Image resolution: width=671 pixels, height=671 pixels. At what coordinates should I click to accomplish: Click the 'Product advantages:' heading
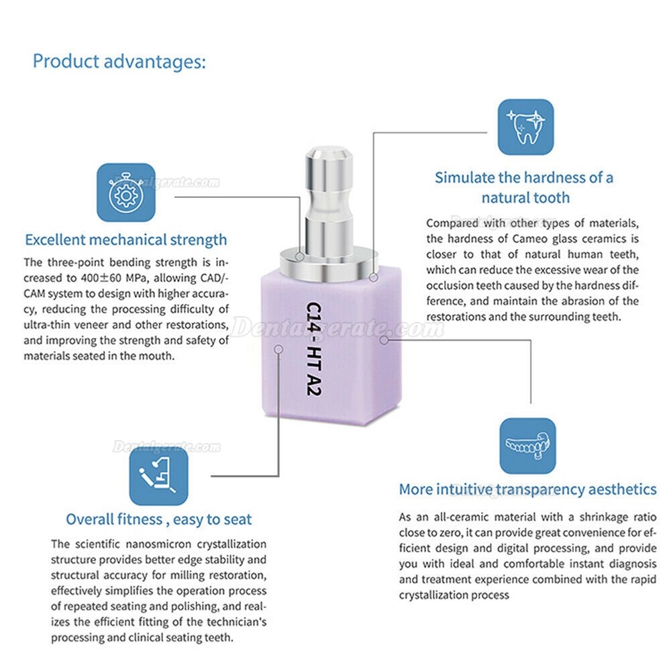(x=119, y=62)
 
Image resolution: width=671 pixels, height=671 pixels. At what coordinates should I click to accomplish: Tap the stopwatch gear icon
(x=126, y=193)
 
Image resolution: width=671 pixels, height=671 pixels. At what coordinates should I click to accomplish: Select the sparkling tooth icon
(x=525, y=127)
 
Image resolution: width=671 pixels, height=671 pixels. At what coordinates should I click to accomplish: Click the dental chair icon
(x=158, y=476)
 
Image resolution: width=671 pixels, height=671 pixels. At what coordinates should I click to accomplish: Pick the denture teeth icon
(x=527, y=446)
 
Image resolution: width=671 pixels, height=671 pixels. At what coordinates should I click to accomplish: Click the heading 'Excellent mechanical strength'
(x=126, y=240)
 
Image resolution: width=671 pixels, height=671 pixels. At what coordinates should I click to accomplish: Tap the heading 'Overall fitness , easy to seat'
(x=159, y=519)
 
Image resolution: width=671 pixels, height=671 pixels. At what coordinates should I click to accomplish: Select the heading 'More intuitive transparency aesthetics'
(x=527, y=490)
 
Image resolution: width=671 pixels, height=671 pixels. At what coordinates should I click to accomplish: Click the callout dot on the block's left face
(x=278, y=349)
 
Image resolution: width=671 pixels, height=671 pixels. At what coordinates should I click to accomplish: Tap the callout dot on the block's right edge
(x=384, y=340)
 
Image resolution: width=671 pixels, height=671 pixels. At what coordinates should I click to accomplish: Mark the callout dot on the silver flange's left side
(x=300, y=257)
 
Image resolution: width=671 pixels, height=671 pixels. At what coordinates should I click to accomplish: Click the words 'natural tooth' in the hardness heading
(x=525, y=198)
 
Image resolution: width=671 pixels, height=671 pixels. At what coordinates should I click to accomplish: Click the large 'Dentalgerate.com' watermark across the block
(x=338, y=329)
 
